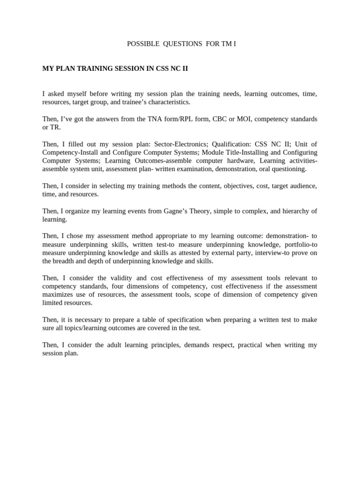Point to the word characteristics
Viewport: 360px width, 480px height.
click(166, 102)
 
